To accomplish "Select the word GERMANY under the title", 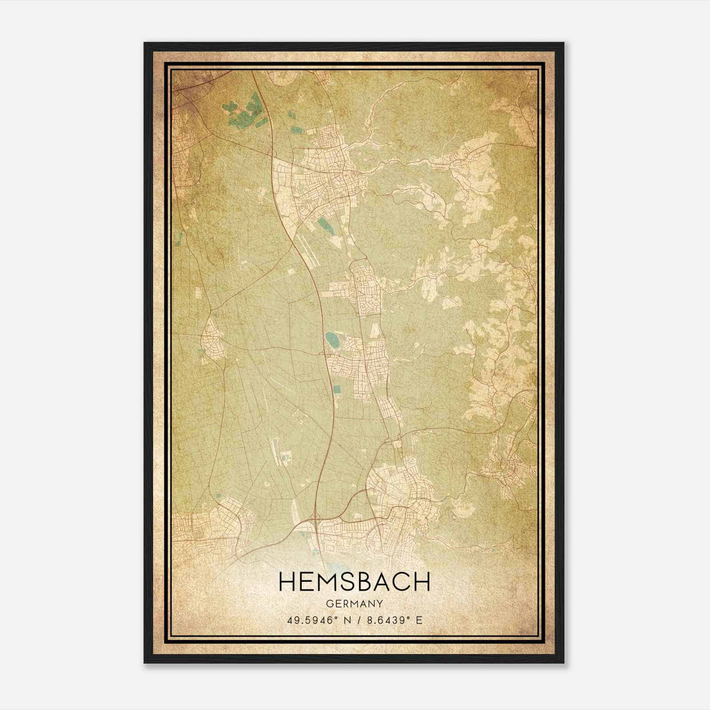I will coord(355,603).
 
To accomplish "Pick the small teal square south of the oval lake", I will coord(337,389).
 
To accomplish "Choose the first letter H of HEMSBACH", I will coord(288,582).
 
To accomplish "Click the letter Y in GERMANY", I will coord(379,603).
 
